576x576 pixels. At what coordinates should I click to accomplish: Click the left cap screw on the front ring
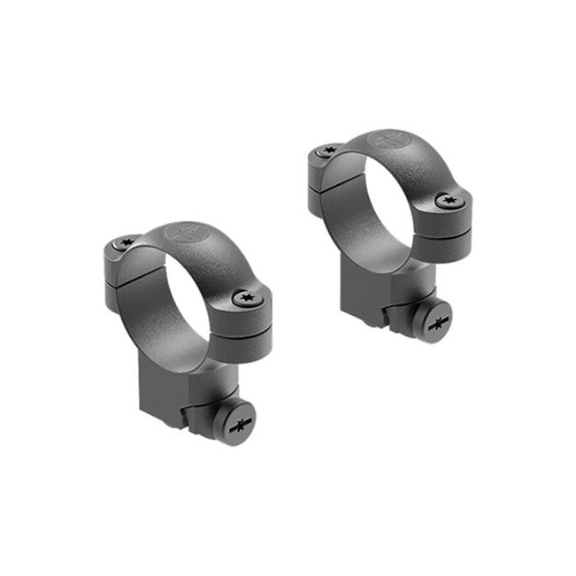point(127,243)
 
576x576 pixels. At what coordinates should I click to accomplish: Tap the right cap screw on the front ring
point(245,297)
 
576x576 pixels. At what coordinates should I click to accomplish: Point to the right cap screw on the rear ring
point(449,199)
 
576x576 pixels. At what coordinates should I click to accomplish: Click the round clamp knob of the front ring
point(234,424)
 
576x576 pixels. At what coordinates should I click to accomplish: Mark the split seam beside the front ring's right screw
point(254,318)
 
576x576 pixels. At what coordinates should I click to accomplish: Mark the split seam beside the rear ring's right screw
point(457,221)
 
